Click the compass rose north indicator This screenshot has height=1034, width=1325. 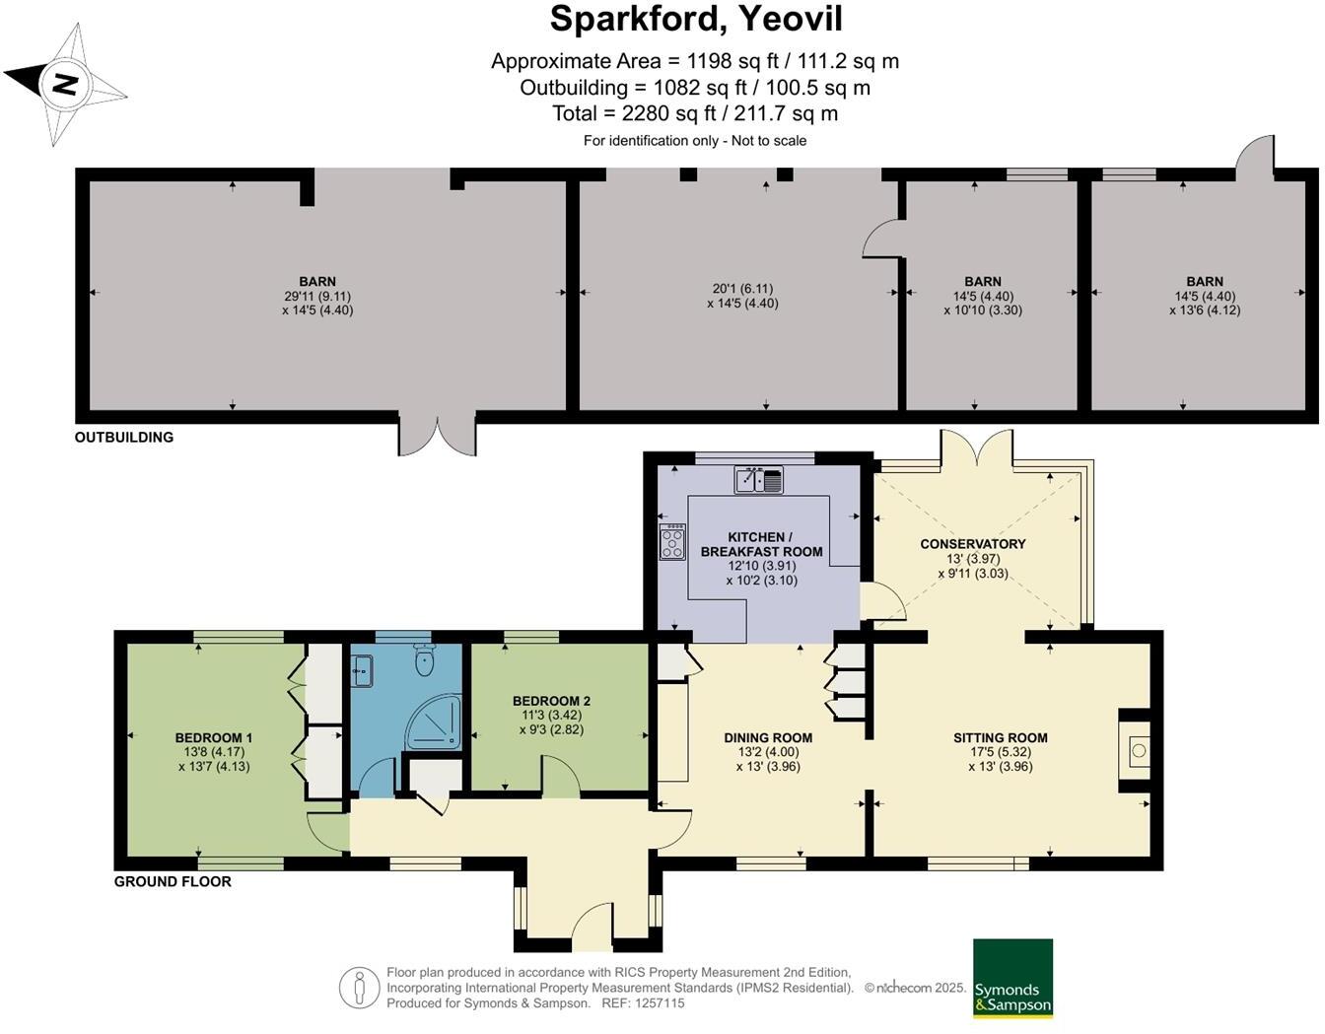click(65, 85)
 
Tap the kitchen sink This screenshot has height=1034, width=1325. click(758, 480)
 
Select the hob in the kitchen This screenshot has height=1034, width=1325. click(672, 541)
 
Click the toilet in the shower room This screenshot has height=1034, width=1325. click(425, 660)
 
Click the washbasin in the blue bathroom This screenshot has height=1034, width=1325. click(361, 672)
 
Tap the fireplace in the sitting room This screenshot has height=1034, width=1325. click(1138, 751)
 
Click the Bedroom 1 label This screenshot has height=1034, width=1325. click(214, 738)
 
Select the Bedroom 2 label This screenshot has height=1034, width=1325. click(551, 702)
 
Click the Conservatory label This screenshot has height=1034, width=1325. click(972, 544)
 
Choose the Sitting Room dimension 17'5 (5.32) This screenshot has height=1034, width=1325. click(1000, 752)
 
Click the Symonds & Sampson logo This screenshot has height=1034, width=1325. click(1012, 978)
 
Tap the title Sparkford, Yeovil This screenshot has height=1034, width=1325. click(695, 20)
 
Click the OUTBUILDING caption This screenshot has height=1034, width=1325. click(124, 438)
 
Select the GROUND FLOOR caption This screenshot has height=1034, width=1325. click(173, 882)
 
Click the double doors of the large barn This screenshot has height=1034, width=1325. click(437, 435)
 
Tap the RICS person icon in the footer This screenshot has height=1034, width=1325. click(359, 988)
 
